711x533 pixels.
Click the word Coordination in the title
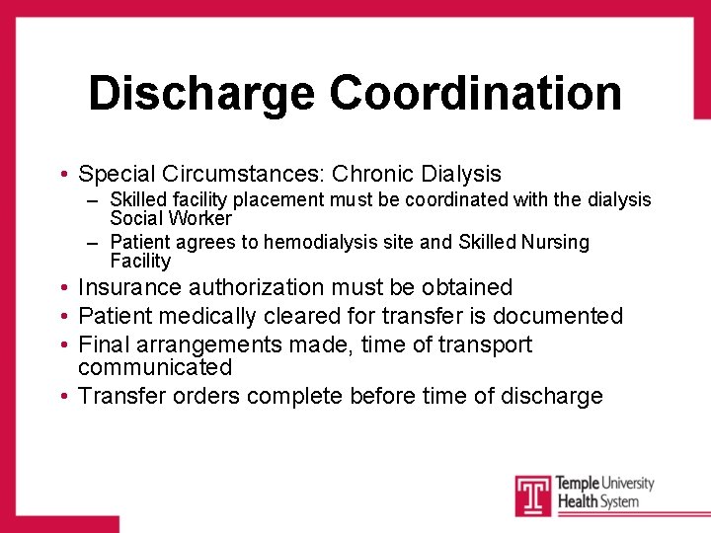pyautogui.click(x=475, y=94)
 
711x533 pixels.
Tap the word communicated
pyautogui.click(x=155, y=368)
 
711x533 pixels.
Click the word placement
pyautogui.click(x=265, y=200)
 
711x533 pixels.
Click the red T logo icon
pyautogui.click(x=531, y=495)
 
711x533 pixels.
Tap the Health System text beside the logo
pyautogui.click(x=596, y=501)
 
